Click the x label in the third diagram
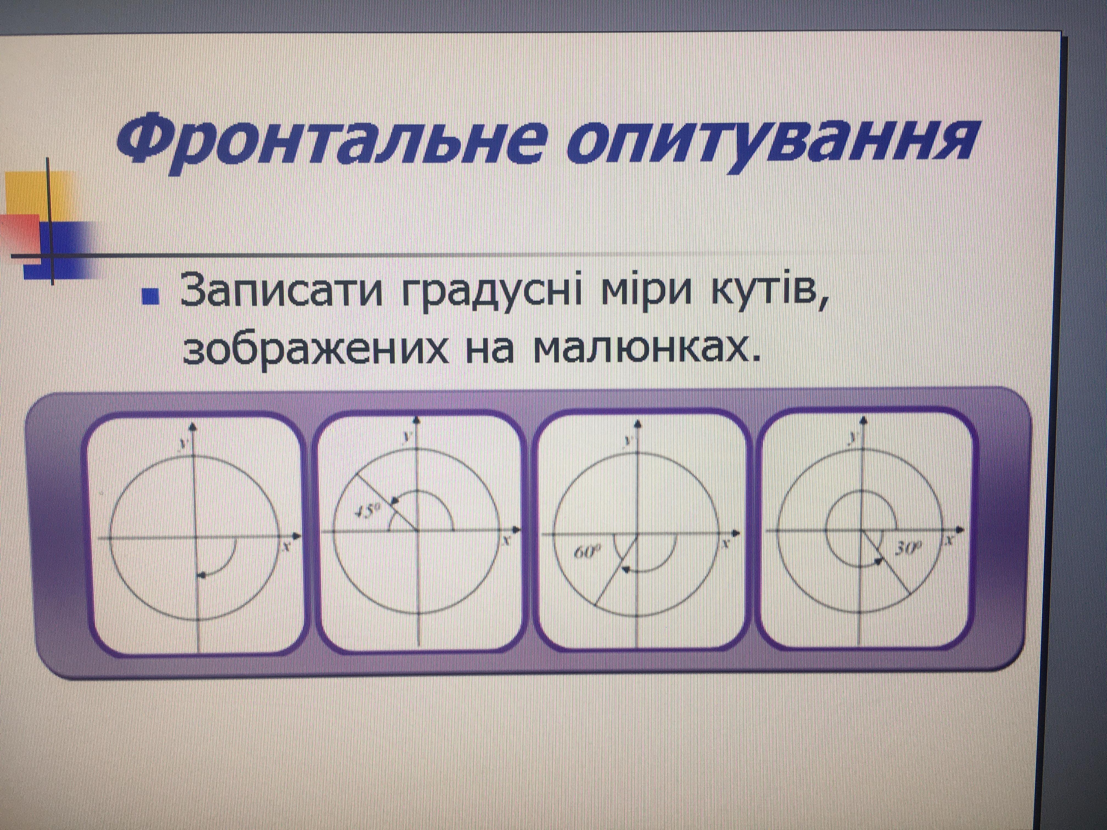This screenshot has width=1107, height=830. pyautogui.click(x=726, y=542)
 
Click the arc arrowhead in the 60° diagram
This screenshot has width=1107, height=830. pyautogui.click(x=625, y=569)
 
